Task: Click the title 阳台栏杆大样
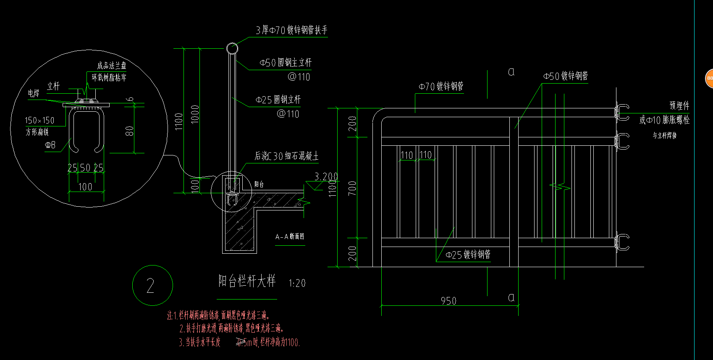point(246,281)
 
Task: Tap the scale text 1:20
point(297,284)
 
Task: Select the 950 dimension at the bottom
point(448,301)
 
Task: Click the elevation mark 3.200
point(326,177)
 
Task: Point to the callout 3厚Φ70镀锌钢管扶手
point(291,30)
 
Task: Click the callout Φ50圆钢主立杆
point(286,63)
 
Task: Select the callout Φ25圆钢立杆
point(278,100)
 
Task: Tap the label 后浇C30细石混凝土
point(286,156)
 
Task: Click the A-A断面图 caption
point(290,237)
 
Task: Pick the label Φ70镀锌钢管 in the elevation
point(441,87)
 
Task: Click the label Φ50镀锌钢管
point(565,76)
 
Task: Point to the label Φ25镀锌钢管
point(468,255)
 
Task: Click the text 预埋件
point(679,105)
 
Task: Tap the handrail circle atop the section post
point(232,48)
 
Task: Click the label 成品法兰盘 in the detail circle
point(111,66)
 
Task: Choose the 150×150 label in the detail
point(39,121)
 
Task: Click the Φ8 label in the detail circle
point(50,145)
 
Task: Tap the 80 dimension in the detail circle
point(129,131)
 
